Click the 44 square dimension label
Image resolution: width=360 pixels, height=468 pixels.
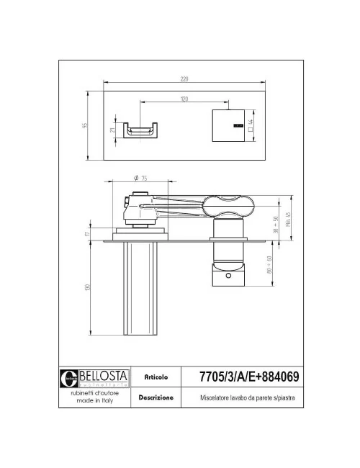click(x=251, y=124)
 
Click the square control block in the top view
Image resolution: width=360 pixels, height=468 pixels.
click(x=230, y=125)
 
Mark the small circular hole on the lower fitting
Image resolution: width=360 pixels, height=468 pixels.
click(x=228, y=274)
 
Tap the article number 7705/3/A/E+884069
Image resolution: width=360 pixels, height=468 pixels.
click(x=248, y=375)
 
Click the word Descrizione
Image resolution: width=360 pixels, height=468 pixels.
click(x=156, y=397)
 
